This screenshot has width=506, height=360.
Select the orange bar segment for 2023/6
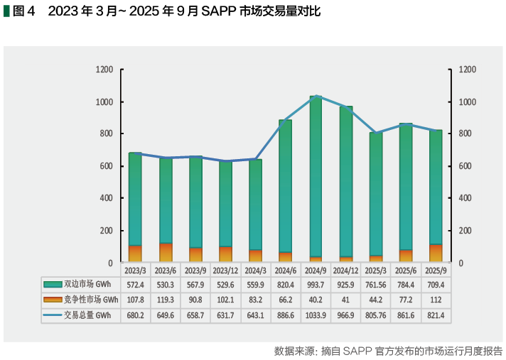pos(166,253)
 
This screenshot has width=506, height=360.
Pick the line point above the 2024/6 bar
pos(286,120)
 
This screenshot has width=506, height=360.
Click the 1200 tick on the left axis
pos(104,70)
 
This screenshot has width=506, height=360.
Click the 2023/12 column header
pos(225,271)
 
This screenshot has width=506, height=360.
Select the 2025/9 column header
pos(436,271)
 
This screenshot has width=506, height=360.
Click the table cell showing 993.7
pos(316,285)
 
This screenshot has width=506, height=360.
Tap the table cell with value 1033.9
pos(316,315)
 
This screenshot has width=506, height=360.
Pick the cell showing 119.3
pos(166,300)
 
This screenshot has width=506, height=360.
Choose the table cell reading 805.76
pos(376,315)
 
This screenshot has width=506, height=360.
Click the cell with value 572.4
pos(136,285)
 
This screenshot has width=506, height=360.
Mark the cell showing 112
pos(436,300)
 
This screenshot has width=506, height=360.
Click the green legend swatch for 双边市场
pos(53,285)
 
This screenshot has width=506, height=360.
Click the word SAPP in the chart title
pos(204,12)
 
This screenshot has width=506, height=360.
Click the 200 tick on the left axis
pos(107,231)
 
